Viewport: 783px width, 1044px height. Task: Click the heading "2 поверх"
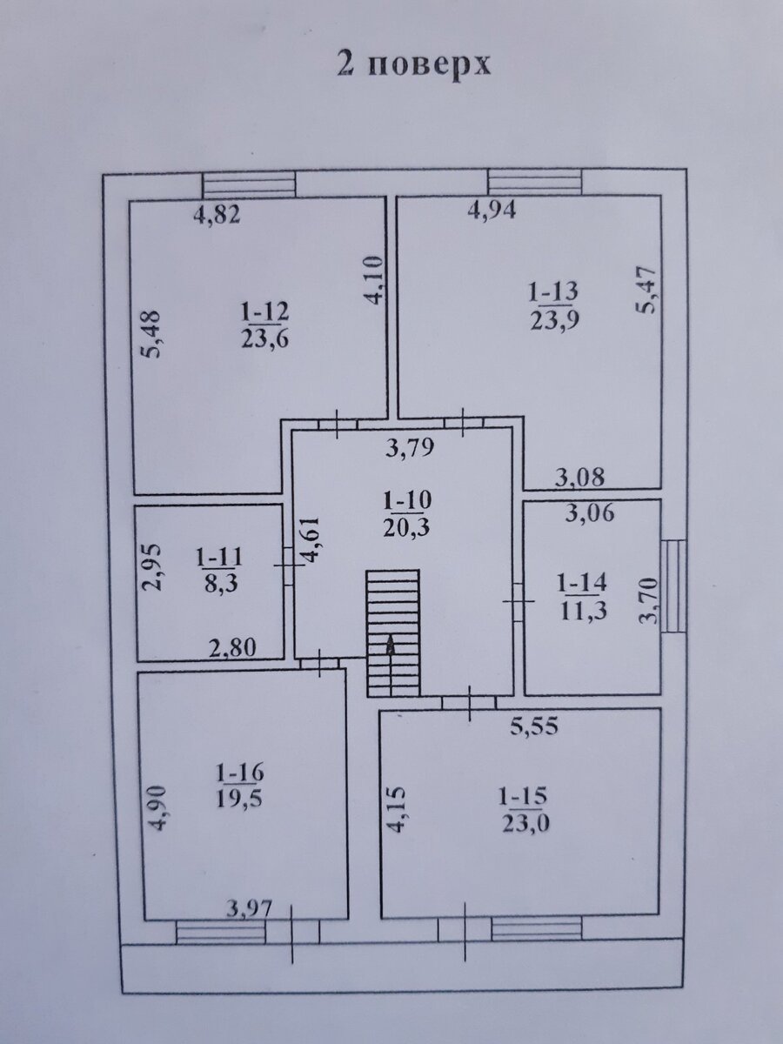pyautogui.click(x=413, y=65)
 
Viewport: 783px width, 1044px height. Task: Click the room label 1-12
pyautogui.click(x=265, y=312)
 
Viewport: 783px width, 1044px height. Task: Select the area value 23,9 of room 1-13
pyautogui.click(x=554, y=320)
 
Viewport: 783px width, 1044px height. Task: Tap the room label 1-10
pyautogui.click(x=407, y=500)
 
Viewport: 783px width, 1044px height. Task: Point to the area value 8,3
pyautogui.click(x=220, y=584)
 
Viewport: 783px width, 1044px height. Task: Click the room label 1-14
pyautogui.click(x=583, y=583)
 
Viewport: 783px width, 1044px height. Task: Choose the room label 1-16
pyautogui.click(x=239, y=773)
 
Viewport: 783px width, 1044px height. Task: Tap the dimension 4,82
pyautogui.click(x=217, y=216)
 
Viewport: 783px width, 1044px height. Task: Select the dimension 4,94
pyautogui.click(x=492, y=211)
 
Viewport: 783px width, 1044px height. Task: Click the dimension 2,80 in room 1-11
pyautogui.click(x=233, y=647)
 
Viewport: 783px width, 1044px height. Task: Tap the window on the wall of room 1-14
pyautogui.click(x=675, y=586)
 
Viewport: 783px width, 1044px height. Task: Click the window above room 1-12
pyautogui.click(x=249, y=184)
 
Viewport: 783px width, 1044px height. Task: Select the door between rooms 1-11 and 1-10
pyautogui.click(x=289, y=565)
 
